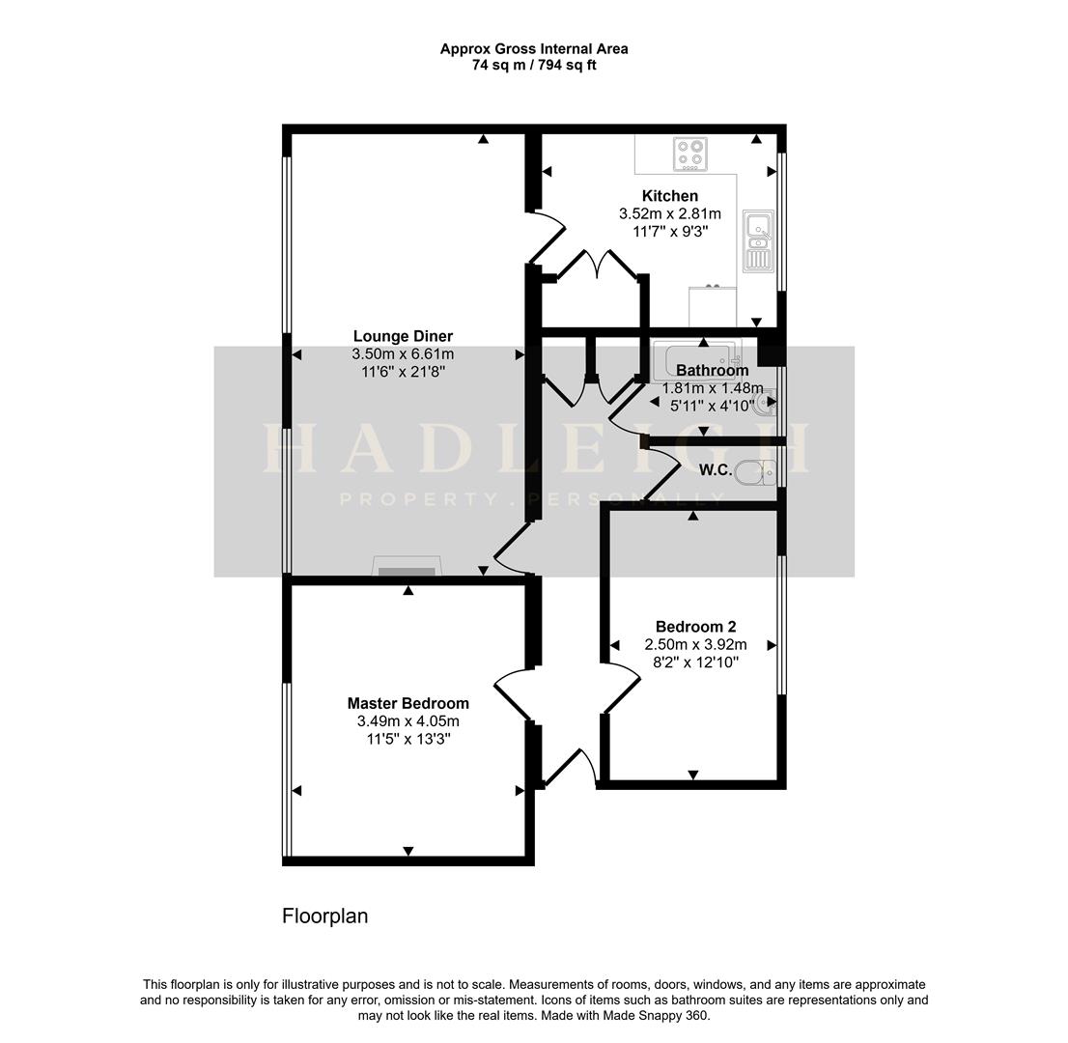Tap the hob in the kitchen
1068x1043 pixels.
tap(690, 153)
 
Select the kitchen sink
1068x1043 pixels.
tap(759, 241)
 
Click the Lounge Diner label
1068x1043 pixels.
tap(403, 336)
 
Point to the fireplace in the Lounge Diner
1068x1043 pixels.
tap(406, 568)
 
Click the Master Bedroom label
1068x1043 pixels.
tap(408, 703)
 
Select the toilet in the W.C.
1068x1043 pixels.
tap(754, 472)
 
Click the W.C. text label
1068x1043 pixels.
tap(716, 470)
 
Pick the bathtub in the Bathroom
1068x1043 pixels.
tap(695, 360)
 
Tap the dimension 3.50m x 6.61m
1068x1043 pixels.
tap(403, 354)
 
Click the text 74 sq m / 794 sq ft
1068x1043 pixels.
tap(534, 66)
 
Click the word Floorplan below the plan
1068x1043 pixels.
tap(324, 916)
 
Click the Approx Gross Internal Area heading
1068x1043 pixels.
tap(534, 48)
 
